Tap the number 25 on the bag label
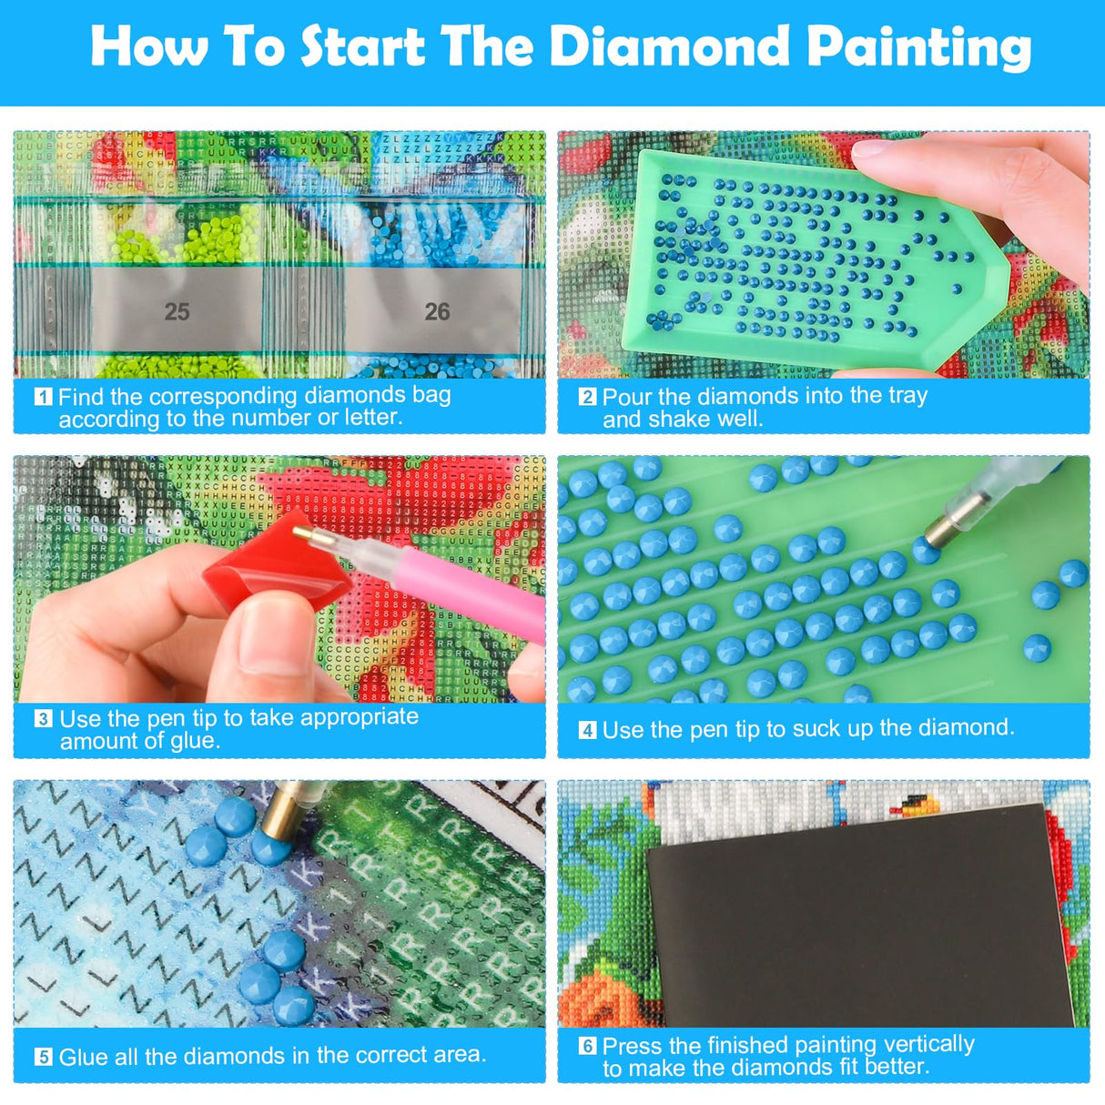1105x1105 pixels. tap(177, 312)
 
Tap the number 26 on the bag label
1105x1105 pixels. tap(437, 312)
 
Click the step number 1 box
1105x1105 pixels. tap(43, 397)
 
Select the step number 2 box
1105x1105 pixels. tap(587, 397)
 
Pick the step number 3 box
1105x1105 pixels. tap(43, 719)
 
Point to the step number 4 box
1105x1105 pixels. tap(587, 730)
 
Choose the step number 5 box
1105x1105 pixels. tap(43, 1057)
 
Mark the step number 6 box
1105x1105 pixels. tap(587, 1046)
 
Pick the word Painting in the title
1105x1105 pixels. tap(919, 47)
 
